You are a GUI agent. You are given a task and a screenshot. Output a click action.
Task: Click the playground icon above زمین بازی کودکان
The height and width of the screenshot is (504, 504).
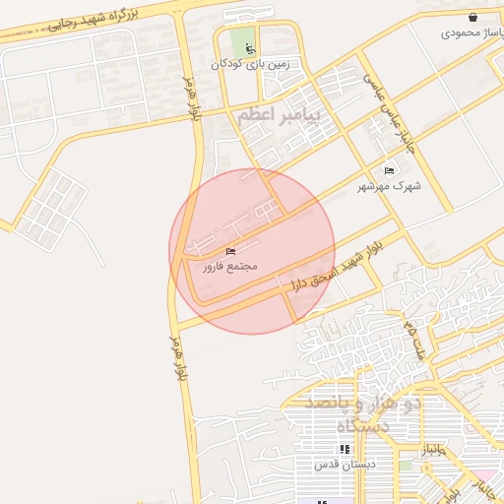249,49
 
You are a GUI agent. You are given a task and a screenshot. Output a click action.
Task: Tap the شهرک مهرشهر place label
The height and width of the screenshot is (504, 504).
392,186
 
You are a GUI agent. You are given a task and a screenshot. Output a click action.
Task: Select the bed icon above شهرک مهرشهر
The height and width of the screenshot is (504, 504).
390,171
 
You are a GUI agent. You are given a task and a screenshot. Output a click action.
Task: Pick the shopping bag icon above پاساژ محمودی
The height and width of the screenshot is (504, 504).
473,17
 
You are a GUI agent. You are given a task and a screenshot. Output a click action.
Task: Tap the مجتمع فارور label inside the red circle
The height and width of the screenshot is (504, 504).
230,267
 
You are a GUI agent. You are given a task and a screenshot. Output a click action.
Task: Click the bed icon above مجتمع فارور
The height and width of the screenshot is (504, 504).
230,252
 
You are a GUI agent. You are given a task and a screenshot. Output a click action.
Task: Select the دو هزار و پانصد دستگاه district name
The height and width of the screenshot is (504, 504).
363,414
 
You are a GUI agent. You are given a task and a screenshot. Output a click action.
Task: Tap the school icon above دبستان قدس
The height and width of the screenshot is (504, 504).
344,449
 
